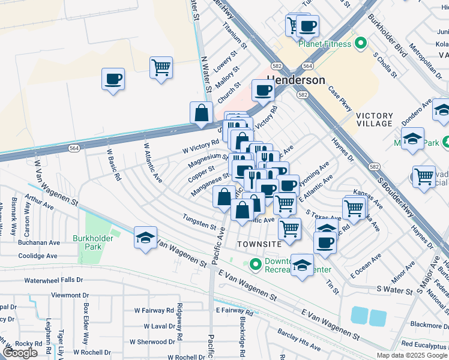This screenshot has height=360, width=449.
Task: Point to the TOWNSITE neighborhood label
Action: (x=259, y=244)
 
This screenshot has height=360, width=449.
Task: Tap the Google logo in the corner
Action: (x=20, y=353)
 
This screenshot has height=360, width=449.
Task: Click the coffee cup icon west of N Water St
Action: (x=113, y=79)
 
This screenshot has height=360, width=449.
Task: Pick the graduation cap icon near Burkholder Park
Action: (x=145, y=238)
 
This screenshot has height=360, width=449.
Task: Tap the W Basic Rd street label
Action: (x=114, y=165)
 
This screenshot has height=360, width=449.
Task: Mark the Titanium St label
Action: (x=235, y=35)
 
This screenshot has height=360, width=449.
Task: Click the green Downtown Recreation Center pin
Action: (x=255, y=263)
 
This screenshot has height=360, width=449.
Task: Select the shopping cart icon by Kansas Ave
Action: (x=355, y=208)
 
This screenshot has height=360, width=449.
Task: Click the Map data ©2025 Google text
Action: (x=411, y=355)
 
